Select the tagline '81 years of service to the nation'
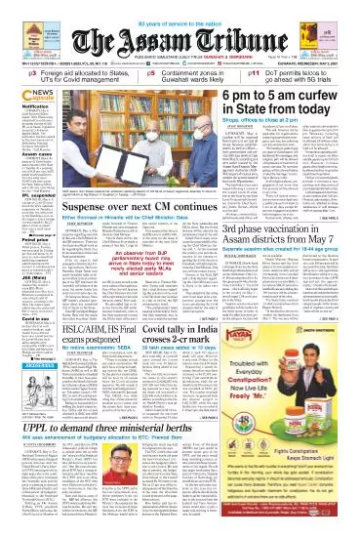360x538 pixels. coord(180,7)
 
